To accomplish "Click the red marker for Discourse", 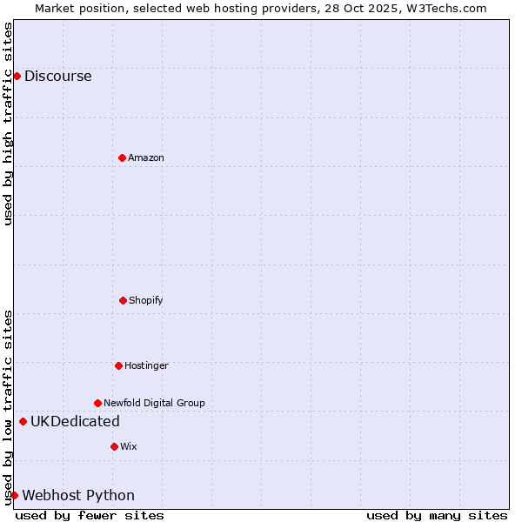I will pos(17,76).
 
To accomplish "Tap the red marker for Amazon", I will pos(122,157).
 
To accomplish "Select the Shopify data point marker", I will pos(123,300).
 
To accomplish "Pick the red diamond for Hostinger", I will pos(118,365).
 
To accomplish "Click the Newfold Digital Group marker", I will pos(97,403).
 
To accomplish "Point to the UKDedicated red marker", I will pos(23,422).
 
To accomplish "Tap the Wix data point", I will pos(114,446).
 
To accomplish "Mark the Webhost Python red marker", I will pos(14,495).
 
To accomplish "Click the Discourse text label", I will pos(57,76).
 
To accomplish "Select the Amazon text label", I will pos(146,157).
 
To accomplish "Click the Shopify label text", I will pos(146,300).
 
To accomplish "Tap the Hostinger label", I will pos(146,365).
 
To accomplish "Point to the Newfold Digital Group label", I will pos(154,403).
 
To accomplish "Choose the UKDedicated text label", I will pos(75,422).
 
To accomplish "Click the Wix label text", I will pos(129,446).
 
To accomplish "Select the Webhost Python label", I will pos(78,495).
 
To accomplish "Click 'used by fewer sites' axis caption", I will pos(90,515).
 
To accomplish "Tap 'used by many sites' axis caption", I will pos(437,515).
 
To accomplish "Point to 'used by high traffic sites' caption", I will pos(8,124).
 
